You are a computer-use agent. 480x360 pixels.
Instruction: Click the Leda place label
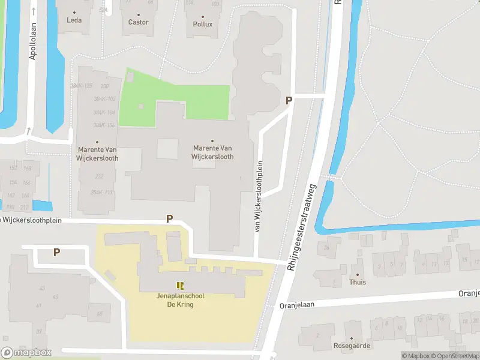74,20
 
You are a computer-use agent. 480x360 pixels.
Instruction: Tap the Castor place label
139,22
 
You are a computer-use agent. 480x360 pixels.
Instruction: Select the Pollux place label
203,25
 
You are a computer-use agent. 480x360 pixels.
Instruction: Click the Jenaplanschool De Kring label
180,300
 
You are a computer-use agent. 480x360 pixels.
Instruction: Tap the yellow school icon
180,286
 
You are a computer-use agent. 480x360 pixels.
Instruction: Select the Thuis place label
358,281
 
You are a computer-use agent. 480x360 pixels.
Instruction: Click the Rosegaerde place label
352,346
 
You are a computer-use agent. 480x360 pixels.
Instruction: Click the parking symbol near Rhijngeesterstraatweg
289,101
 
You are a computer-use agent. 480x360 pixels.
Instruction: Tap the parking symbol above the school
169,219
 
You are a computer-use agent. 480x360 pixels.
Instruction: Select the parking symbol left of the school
56,253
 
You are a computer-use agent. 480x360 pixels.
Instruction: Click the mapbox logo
26,353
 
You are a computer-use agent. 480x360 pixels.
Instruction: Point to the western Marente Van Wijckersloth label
98,154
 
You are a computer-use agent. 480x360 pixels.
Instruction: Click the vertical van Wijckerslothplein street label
260,196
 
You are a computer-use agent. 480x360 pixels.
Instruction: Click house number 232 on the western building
100,176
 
